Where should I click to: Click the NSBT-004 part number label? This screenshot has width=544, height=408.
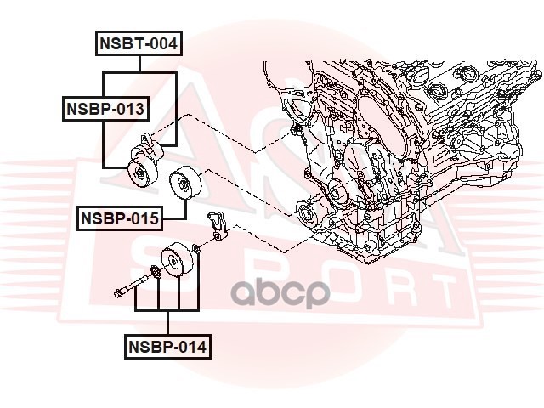click(x=139, y=44)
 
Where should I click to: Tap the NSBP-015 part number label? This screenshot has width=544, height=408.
click(x=120, y=218)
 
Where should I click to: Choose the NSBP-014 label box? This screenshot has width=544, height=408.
click(x=167, y=346)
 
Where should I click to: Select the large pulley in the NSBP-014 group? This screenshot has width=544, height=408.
click(x=178, y=261)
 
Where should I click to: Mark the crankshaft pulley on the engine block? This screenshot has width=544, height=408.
click(x=308, y=215)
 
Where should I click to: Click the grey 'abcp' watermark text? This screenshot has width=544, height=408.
click(x=281, y=293)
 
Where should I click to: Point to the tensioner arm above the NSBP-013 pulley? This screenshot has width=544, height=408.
click(x=150, y=144)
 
